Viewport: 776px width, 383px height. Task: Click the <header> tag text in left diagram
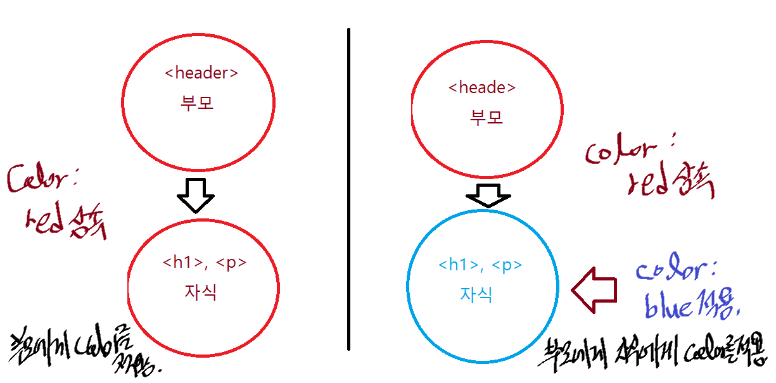coord(201,73)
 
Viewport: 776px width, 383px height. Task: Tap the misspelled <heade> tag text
coord(481,88)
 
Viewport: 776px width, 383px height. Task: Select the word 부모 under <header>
coord(197,103)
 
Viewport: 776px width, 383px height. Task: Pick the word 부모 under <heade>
coord(487,117)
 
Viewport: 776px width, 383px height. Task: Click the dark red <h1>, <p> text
coord(204,263)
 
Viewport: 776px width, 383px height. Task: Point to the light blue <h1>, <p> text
coord(481,265)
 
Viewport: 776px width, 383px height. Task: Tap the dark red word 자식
coord(200,292)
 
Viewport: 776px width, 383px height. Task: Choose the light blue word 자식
coord(476,295)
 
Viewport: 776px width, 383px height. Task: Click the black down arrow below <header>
coord(196,194)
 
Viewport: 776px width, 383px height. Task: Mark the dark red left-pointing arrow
coord(594,289)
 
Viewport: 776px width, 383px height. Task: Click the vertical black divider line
coord(348,190)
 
